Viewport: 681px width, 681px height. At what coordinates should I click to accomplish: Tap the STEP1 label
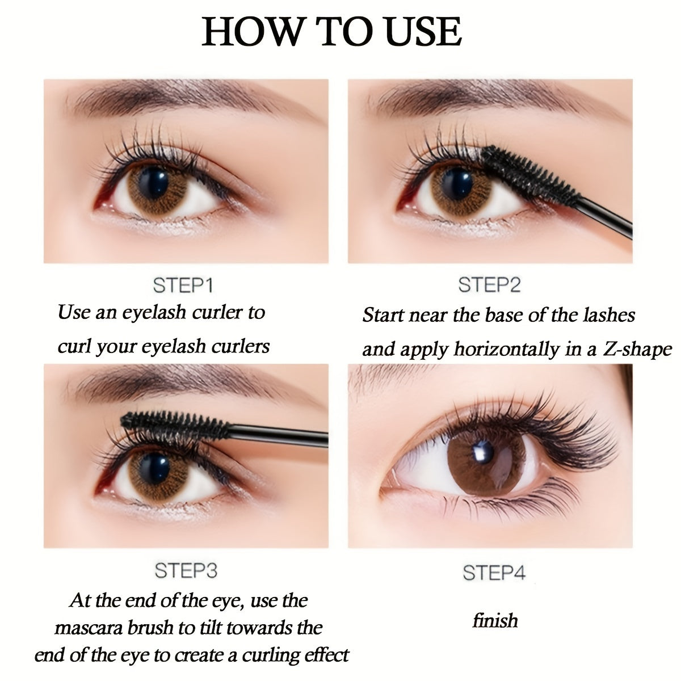pyautogui.click(x=183, y=285)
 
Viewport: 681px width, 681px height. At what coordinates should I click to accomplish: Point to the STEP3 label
pyautogui.click(x=186, y=570)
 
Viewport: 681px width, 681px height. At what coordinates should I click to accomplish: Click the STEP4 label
pyautogui.click(x=494, y=573)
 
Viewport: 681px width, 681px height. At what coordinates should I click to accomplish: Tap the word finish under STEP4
pyautogui.click(x=495, y=620)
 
